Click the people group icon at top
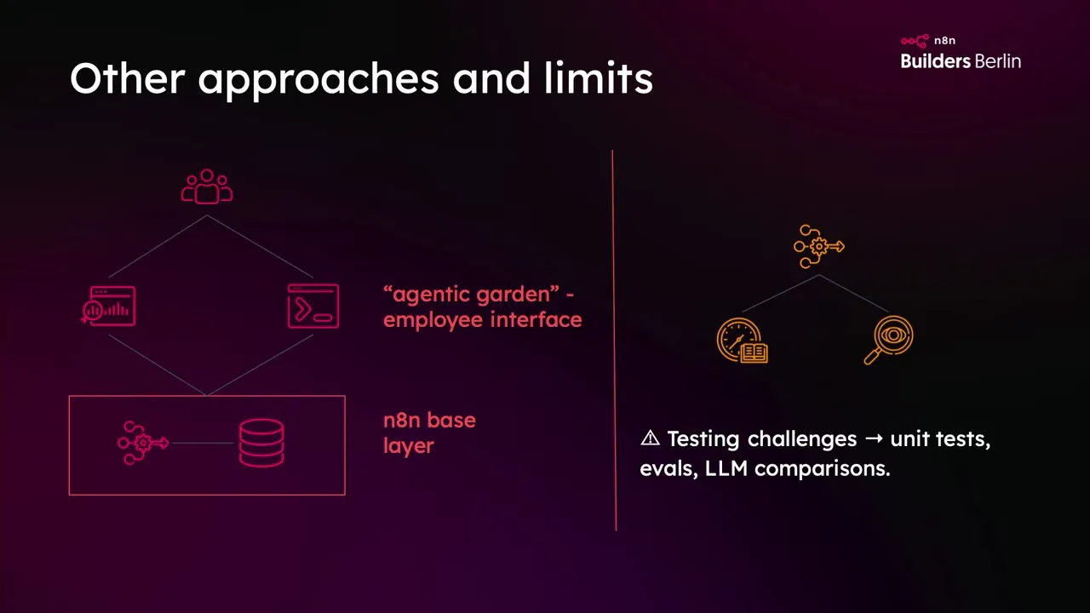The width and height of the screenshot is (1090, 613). (207, 187)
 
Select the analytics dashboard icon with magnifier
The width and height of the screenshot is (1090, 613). (109, 306)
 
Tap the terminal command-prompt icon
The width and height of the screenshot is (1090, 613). (313, 306)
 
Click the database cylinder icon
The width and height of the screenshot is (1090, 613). (261, 444)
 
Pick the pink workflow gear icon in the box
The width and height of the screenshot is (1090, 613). (142, 443)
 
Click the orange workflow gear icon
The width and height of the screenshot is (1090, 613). (818, 247)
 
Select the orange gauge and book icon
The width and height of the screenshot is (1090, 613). (743, 341)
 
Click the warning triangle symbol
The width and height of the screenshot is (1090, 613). (650, 438)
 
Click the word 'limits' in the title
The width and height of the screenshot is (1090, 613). (599, 78)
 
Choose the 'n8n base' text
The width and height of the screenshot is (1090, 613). (429, 421)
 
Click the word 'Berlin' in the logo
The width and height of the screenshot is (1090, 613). (998, 61)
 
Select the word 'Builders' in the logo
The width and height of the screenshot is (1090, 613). (935, 61)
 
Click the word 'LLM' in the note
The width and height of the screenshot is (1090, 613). (726, 468)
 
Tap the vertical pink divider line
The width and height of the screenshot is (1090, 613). (614, 341)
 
